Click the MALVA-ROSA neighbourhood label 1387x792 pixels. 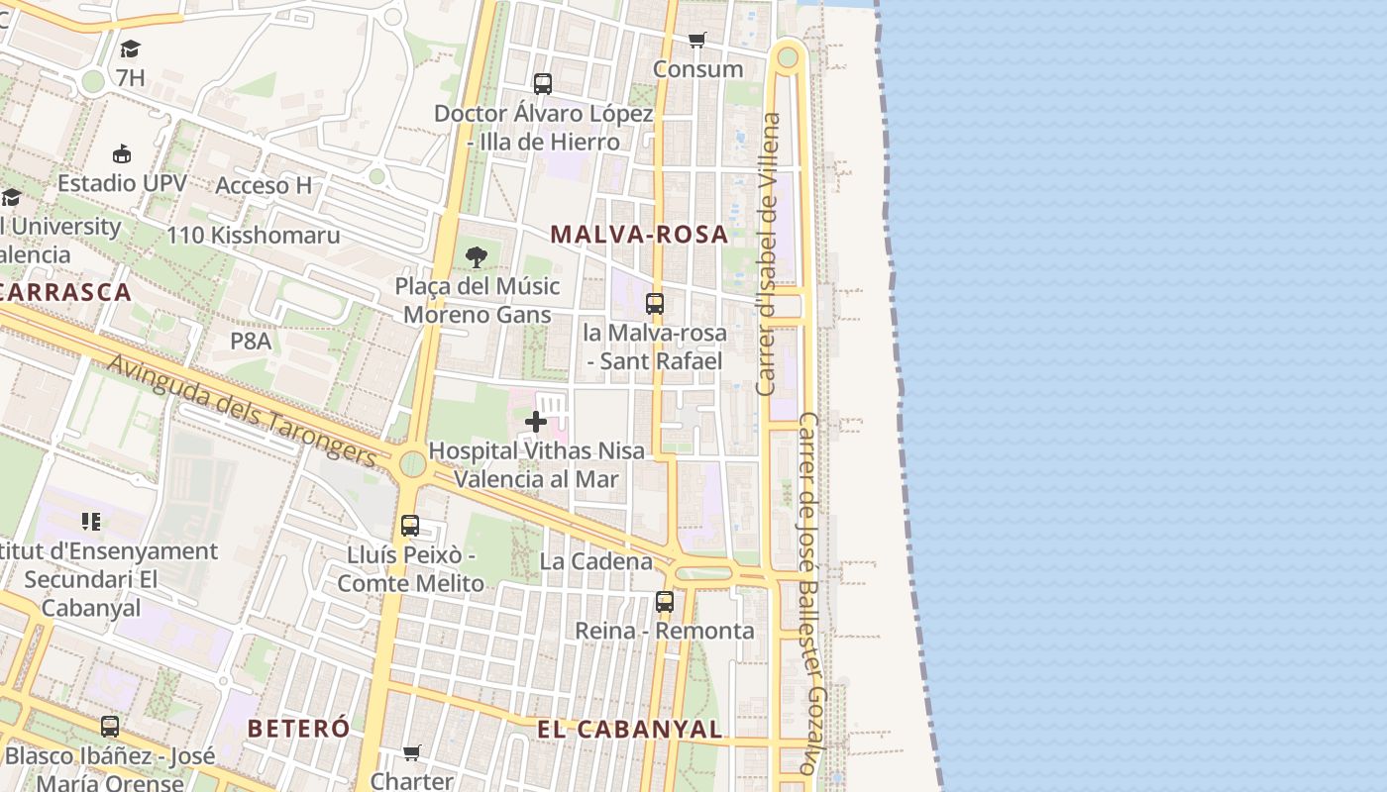click(639, 235)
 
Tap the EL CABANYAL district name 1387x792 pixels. click(629, 730)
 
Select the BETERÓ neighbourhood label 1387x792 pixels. click(298, 729)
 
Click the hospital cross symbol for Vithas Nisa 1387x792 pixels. click(536, 423)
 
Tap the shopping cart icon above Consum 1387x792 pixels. click(697, 41)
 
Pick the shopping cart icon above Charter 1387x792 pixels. click(412, 753)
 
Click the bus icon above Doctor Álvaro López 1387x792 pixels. click(542, 84)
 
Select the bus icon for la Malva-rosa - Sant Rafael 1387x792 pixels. click(655, 304)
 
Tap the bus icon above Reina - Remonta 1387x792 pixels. click(665, 601)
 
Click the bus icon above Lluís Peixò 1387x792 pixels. click(410, 526)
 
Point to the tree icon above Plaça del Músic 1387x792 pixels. click(477, 257)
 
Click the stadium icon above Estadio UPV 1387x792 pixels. click(122, 154)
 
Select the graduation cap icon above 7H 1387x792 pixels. click(130, 49)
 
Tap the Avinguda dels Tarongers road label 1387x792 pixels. click(242, 411)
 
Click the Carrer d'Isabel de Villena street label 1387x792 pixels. click(768, 253)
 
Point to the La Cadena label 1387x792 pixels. click(596, 561)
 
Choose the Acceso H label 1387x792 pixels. click(264, 185)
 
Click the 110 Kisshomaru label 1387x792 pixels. click(253, 236)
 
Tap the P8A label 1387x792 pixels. click(251, 342)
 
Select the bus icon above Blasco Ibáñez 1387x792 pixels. click(110, 727)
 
